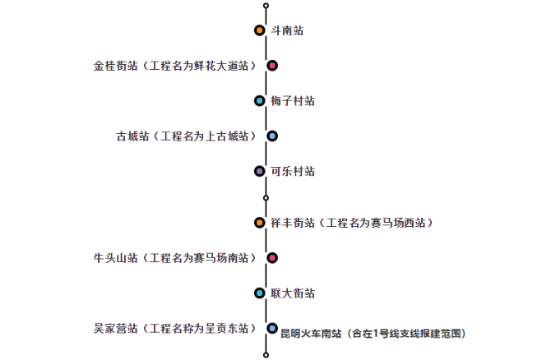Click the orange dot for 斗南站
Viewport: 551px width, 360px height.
point(259,30)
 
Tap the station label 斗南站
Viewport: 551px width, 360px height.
point(287,30)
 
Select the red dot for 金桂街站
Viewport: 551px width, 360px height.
point(272,66)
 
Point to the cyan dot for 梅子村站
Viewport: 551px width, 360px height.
point(259,101)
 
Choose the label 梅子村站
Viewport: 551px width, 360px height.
point(293,101)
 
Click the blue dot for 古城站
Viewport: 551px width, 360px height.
point(272,136)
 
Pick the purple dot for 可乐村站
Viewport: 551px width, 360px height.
point(259,171)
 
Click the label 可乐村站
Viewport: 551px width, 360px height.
point(293,171)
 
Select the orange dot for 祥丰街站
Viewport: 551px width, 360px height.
point(259,223)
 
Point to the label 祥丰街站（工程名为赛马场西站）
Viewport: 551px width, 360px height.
point(353,223)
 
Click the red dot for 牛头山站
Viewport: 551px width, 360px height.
point(272,258)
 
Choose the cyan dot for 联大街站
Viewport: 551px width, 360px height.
point(259,293)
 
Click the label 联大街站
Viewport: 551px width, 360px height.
point(293,293)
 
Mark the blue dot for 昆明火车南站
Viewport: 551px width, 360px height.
point(272,328)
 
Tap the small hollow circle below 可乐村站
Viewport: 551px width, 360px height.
point(266,197)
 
